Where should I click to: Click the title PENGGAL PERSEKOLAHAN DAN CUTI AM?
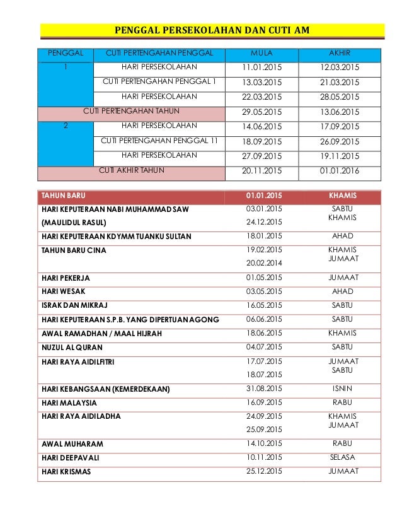point(212,30)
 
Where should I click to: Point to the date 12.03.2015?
point(339,67)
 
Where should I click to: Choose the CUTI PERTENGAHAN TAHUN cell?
point(131,112)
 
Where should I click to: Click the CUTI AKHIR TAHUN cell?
point(131,170)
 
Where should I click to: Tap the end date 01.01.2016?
point(339,170)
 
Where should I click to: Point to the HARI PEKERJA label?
point(61,278)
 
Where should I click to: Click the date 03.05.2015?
point(264,291)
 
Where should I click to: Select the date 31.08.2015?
point(264,388)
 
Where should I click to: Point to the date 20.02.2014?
point(264,263)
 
